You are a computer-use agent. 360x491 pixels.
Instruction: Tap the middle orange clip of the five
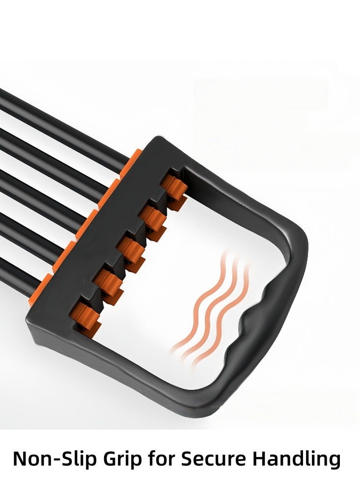(132, 250)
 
